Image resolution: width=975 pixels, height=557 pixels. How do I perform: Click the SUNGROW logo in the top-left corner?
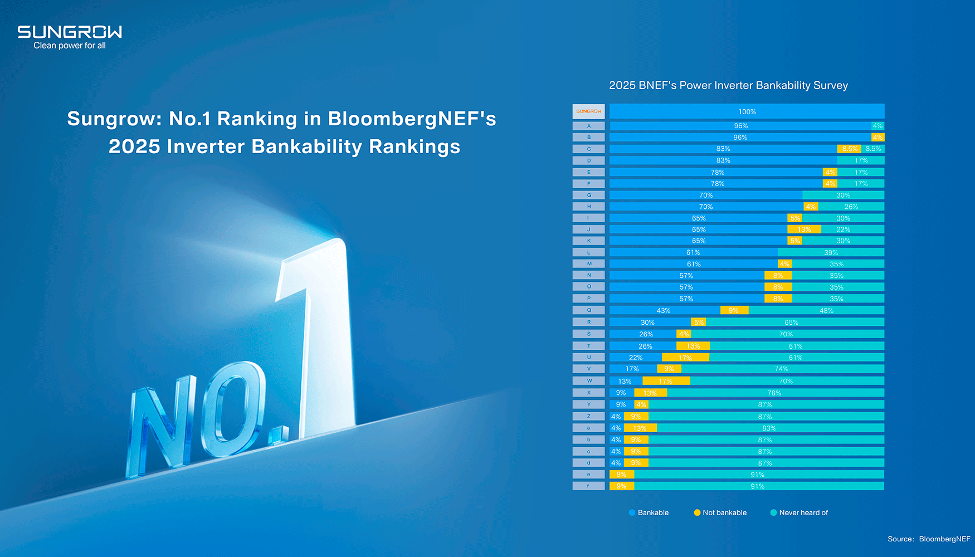[x=70, y=32]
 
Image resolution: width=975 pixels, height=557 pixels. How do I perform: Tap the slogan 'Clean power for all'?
[x=70, y=46]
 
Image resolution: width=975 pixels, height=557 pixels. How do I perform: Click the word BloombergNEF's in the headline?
[x=412, y=119]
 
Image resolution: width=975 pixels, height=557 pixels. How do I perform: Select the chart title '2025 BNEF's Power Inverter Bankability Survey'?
[x=728, y=85]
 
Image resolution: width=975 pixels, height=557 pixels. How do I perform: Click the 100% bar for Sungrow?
[x=747, y=111]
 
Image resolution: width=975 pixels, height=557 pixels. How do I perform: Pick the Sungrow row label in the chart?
[x=588, y=111]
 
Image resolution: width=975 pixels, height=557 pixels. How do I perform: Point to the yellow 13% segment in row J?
[x=804, y=229]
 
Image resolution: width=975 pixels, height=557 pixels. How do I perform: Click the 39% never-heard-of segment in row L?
[x=831, y=252]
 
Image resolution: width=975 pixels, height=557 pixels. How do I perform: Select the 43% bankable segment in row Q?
[x=664, y=310]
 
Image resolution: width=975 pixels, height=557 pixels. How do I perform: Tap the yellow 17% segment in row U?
[x=685, y=358]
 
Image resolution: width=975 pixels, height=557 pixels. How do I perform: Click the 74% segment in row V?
[x=782, y=369]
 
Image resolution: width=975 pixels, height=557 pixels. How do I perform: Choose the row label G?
[x=588, y=195]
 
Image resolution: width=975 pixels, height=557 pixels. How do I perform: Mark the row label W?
[x=588, y=381]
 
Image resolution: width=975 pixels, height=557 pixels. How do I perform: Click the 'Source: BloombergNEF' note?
[x=929, y=539]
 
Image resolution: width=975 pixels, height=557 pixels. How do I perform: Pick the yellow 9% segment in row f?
[x=621, y=486]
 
